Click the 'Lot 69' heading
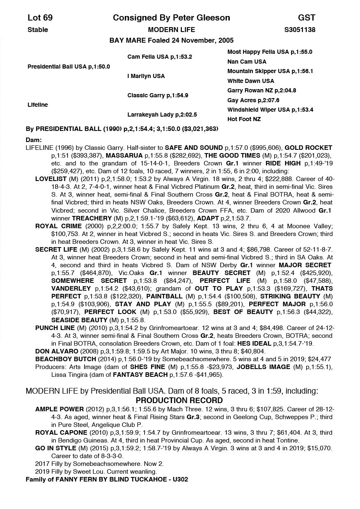(x=40, y=18)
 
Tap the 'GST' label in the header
(x=307, y=18)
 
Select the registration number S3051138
(x=300, y=30)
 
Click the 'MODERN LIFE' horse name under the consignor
(x=171, y=30)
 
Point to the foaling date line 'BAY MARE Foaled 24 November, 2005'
(x=171, y=40)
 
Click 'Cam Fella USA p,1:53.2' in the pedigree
(x=160, y=57)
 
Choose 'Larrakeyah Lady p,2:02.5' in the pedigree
(x=162, y=115)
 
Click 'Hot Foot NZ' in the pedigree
(x=244, y=119)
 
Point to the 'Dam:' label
(x=34, y=140)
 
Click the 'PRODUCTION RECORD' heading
(x=179, y=400)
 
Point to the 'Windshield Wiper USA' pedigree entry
(x=270, y=110)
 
